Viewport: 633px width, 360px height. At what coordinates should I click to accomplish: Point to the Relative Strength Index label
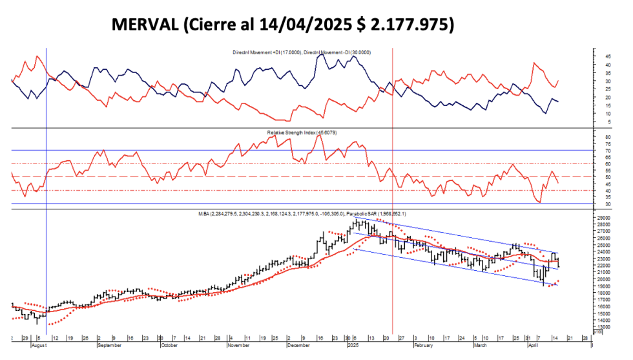[302, 132]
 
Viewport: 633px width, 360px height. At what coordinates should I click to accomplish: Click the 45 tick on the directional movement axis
[608, 56]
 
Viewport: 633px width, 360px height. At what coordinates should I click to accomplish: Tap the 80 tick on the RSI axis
[608, 138]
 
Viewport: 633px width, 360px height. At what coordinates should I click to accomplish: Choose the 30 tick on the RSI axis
[608, 204]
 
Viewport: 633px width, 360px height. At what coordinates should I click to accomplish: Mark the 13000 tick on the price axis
[610, 327]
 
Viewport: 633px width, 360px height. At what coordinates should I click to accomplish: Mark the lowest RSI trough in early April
[539, 202]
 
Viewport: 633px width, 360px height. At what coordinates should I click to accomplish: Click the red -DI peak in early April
[534, 63]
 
